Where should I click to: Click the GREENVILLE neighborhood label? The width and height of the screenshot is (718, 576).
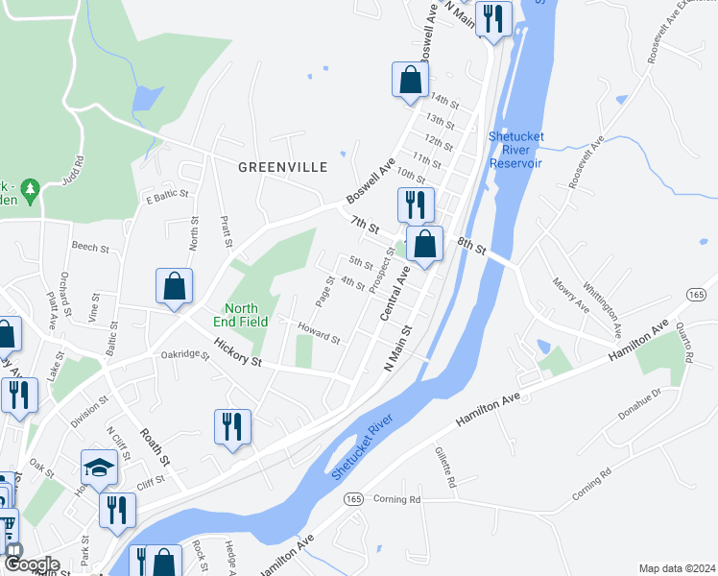coord(283,167)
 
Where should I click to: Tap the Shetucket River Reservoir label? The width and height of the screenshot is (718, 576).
coord(515,150)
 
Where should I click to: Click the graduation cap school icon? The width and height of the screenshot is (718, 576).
coord(99,468)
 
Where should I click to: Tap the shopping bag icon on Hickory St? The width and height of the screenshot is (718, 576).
coord(174,287)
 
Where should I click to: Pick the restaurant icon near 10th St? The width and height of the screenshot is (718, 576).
coord(416,204)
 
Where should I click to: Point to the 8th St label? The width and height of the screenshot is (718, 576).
coord(474,245)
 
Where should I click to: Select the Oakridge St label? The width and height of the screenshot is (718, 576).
coord(185,354)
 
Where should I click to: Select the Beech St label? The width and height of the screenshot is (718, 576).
coord(90,248)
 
